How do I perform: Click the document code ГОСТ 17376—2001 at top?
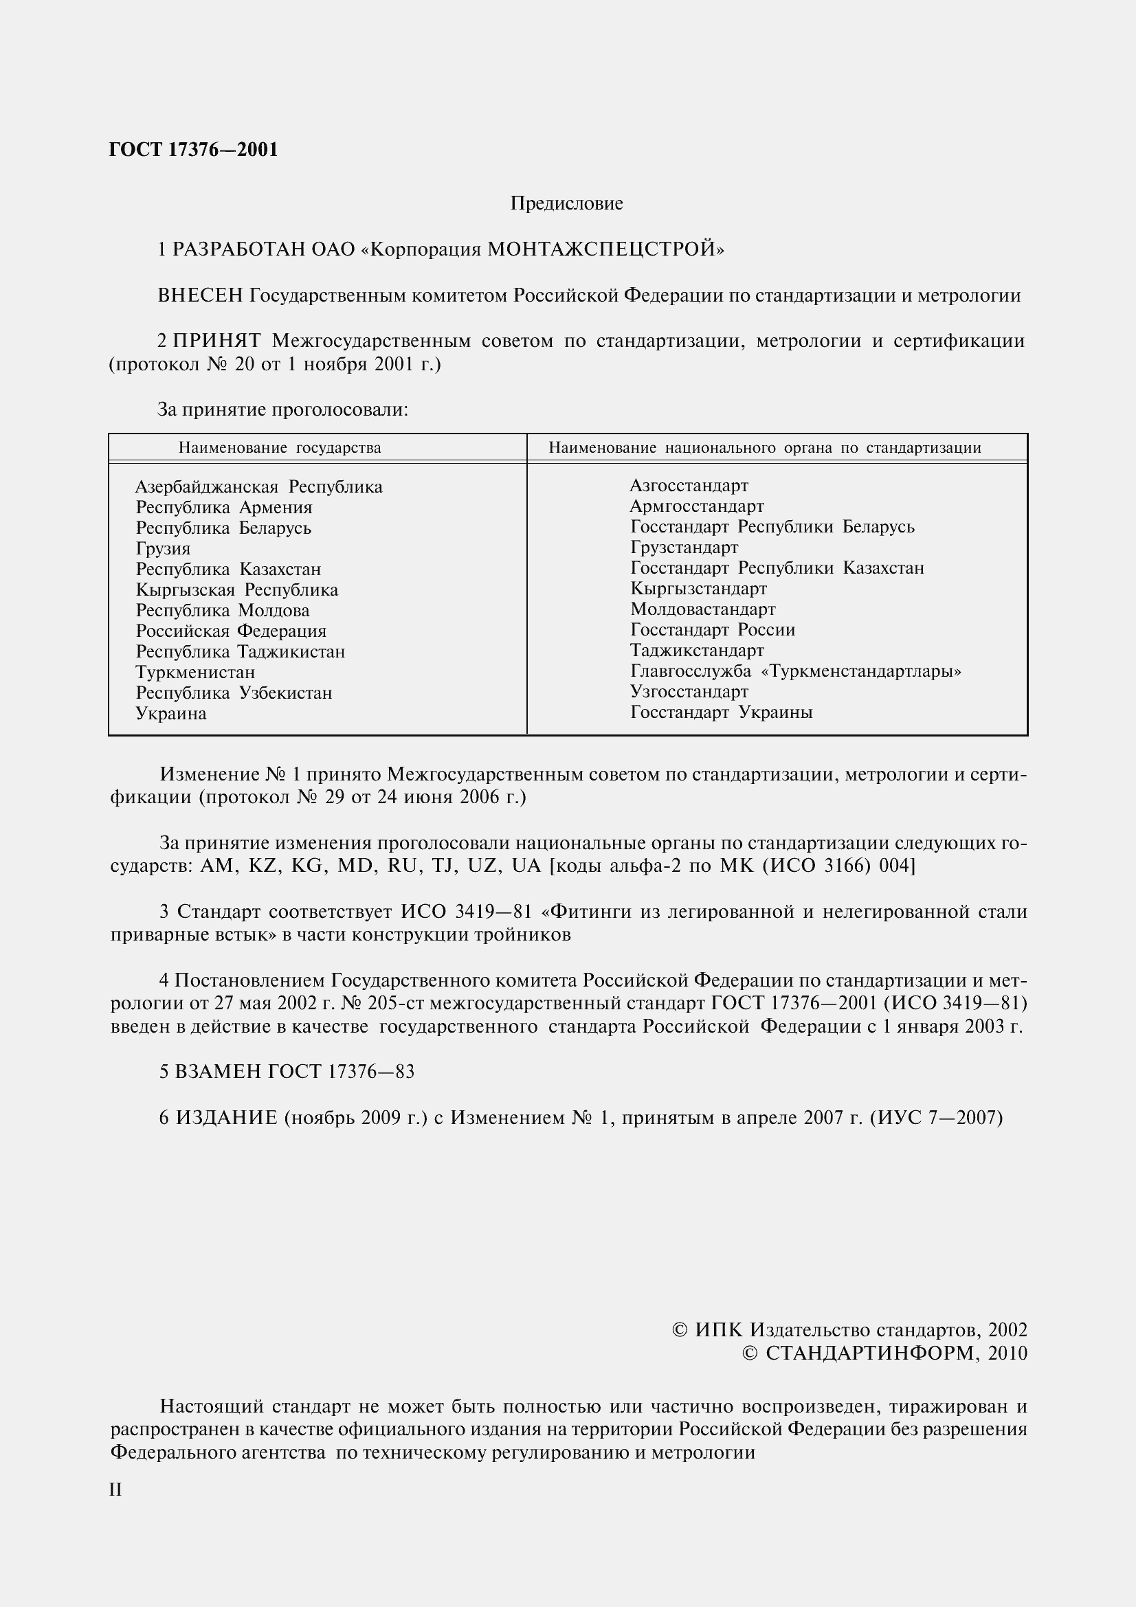[x=194, y=150]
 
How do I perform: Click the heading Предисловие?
[x=566, y=203]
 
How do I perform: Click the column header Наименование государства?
[x=280, y=448]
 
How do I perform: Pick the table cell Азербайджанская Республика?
[x=259, y=486]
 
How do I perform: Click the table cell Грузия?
[x=163, y=549]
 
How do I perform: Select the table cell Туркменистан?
[x=195, y=673]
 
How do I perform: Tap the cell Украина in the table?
[x=172, y=714]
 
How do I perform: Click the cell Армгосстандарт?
[x=697, y=506]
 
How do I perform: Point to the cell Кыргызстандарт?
[x=698, y=589]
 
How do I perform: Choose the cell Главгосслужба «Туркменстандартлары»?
[x=796, y=671]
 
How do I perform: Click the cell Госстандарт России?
[x=713, y=630]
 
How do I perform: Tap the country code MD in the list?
[x=354, y=866]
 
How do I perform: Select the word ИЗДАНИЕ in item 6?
[x=227, y=1118]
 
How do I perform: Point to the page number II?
[x=116, y=1490]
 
